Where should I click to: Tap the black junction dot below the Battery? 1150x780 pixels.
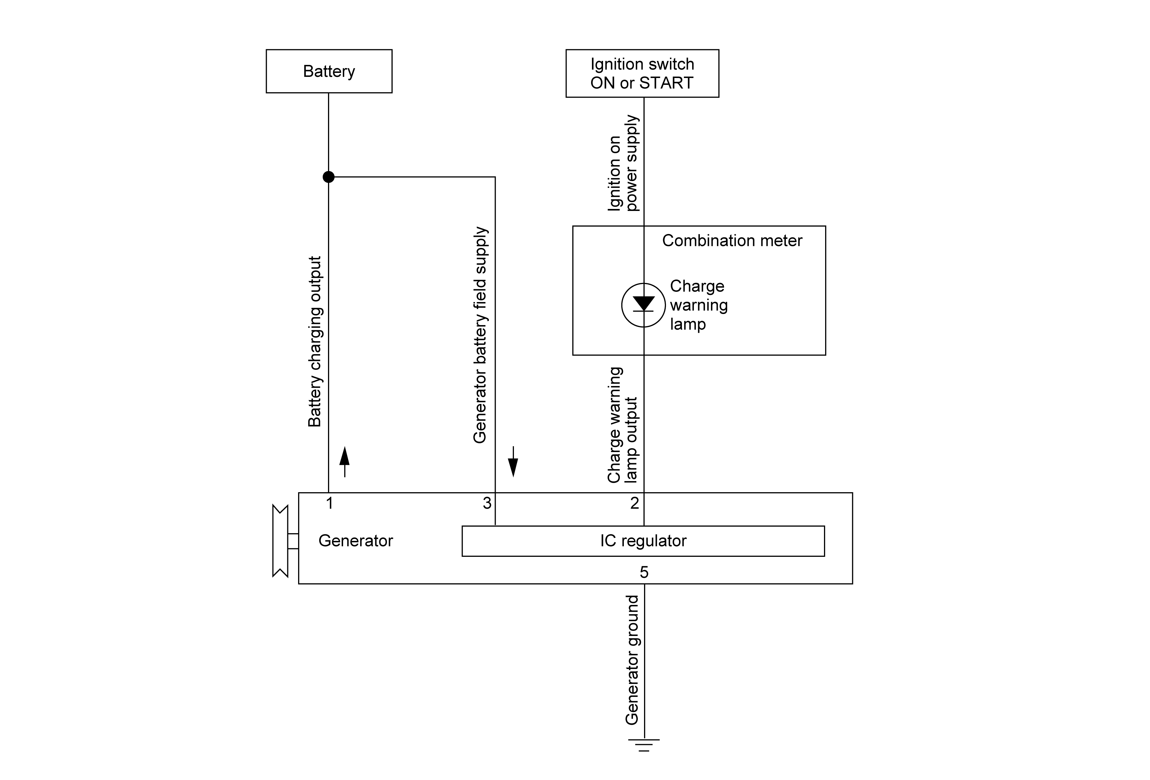pos(329,176)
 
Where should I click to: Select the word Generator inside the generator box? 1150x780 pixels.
pos(356,541)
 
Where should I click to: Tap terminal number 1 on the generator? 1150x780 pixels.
pos(329,503)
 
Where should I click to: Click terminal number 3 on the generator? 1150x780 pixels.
pos(487,503)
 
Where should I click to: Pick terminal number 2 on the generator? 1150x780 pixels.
pos(635,503)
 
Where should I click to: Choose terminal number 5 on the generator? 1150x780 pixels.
pos(644,572)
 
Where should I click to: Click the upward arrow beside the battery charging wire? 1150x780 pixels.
pos(345,461)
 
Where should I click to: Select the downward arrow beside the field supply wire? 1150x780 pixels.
pos(513,461)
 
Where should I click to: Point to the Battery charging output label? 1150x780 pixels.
pos(315,341)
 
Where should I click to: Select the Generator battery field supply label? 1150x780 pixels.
pos(480,335)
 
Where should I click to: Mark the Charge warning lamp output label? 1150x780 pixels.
pos(622,425)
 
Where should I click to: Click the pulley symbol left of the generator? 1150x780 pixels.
pos(280,541)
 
